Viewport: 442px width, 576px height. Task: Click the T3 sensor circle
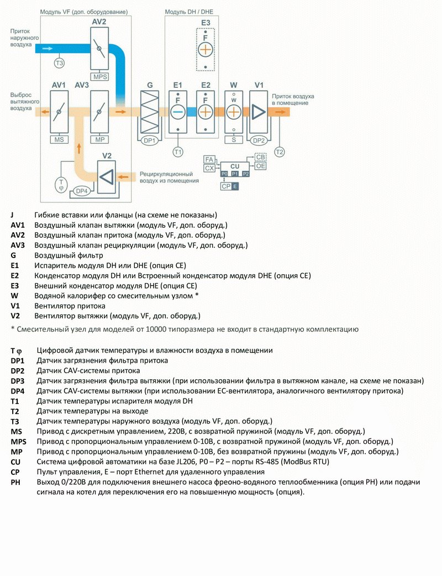[59, 63]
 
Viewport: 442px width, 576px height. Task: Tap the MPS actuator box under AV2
[100, 77]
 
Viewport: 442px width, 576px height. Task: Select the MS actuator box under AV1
[59, 140]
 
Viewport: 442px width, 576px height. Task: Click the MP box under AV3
[100, 140]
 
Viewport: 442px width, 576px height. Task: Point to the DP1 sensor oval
[150, 140]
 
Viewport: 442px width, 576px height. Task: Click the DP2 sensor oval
[259, 140]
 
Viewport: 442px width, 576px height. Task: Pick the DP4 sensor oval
[82, 191]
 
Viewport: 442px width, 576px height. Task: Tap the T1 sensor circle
[178, 151]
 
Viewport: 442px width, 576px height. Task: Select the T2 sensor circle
[280, 151]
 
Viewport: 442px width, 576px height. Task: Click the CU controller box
[235, 166]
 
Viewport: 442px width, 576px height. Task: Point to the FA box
[209, 159]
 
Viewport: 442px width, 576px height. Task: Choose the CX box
[209, 167]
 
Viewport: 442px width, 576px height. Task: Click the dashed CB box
[261, 158]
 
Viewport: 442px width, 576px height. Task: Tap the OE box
[261, 166]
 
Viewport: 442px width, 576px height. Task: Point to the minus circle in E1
[178, 112]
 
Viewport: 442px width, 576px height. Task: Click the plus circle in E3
[206, 49]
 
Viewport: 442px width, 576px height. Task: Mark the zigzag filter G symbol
[150, 111]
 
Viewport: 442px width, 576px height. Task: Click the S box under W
[234, 140]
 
